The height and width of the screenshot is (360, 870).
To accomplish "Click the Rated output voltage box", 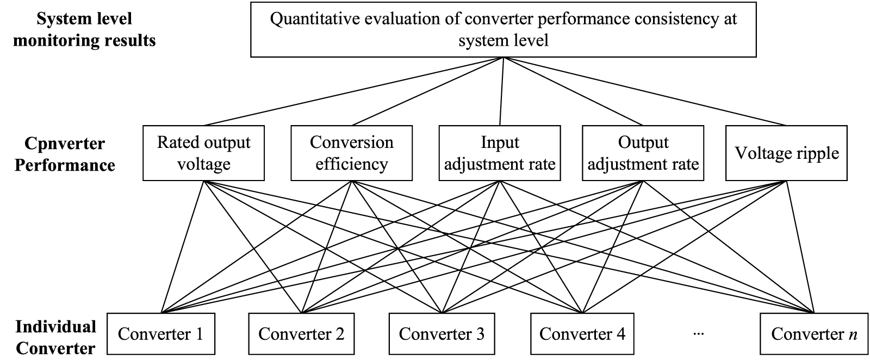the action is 203,153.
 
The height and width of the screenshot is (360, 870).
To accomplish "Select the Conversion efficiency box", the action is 351,153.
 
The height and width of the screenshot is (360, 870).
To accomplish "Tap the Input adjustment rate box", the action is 500,153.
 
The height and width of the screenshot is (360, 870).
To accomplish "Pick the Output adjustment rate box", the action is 643,153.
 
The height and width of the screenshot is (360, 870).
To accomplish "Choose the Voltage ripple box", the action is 786,153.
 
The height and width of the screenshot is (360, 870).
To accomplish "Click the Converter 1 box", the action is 161,334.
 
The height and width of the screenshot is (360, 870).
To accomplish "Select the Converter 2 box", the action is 301,334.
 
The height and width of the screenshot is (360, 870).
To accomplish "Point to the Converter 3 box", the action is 442,334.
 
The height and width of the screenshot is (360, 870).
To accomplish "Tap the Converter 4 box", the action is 582,334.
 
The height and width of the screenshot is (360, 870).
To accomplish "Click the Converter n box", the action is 813,334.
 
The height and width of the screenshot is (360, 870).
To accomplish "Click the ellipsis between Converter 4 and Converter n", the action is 698,334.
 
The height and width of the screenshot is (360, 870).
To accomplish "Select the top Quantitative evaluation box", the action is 504,29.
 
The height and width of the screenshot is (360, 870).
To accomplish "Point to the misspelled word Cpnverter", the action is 65,144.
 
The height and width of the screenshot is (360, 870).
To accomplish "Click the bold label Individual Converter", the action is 55,338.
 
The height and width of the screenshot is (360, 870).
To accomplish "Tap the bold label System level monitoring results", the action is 84,29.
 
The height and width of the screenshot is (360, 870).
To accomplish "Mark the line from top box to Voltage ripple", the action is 645,91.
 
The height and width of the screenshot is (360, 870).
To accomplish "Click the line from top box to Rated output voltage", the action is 353,91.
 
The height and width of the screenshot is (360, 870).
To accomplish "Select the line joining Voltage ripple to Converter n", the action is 800,247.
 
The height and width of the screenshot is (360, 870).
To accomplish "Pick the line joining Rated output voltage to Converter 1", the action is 182,247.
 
